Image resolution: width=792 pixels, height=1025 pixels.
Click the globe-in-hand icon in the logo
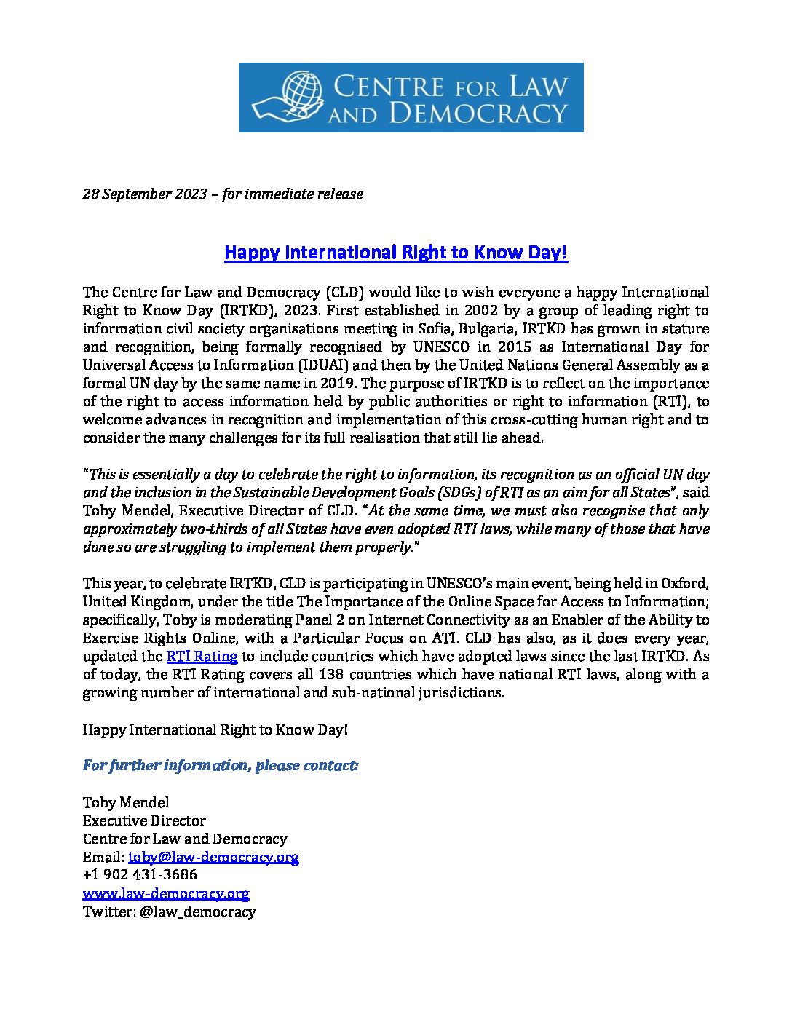point(288,98)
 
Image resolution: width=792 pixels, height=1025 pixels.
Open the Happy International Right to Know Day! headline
point(395,253)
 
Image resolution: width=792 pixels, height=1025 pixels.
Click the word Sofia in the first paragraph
point(435,329)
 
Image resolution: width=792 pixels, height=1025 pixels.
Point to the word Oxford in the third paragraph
point(684,584)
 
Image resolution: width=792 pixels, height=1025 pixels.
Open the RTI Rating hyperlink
point(202,657)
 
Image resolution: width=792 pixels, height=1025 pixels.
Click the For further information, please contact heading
point(221,766)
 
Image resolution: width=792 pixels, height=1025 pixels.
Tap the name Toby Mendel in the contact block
point(126,803)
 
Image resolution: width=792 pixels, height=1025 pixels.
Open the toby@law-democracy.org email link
point(213,858)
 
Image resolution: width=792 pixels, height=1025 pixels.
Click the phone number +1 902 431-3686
point(140,875)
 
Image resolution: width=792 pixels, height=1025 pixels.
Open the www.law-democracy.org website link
point(166,893)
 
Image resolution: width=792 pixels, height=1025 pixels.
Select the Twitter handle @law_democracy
point(197,912)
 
